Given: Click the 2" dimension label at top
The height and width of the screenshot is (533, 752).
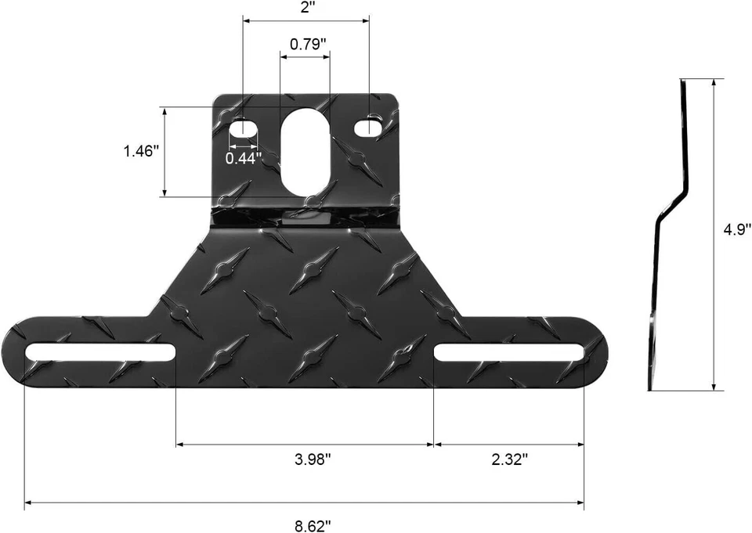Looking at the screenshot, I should click(x=307, y=7).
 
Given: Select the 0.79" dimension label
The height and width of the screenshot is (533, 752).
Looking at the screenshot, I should click(x=307, y=44).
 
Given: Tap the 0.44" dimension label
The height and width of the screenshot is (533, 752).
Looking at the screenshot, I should click(x=243, y=158).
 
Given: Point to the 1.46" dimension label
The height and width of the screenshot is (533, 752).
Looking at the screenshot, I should click(x=142, y=151).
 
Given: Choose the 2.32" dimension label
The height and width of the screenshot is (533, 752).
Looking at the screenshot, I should click(x=509, y=459).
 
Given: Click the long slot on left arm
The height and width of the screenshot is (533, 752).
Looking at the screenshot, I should click(x=100, y=353).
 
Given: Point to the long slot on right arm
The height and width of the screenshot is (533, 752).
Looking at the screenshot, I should click(x=509, y=353).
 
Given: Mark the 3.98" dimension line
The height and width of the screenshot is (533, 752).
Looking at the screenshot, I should click(x=305, y=444).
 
